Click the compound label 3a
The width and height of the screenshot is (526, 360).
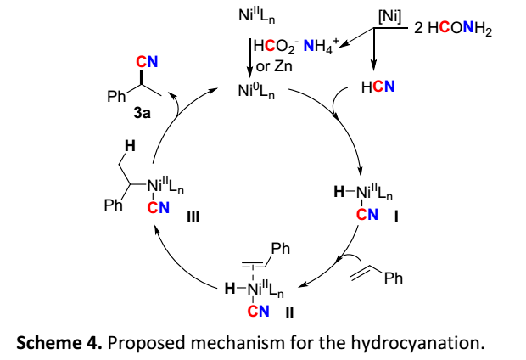(x=141, y=113)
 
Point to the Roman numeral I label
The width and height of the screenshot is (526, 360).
(x=395, y=215)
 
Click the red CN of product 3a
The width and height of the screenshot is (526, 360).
(x=148, y=60)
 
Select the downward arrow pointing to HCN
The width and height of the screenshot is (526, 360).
(x=373, y=54)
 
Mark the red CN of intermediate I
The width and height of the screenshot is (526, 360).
(x=367, y=214)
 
